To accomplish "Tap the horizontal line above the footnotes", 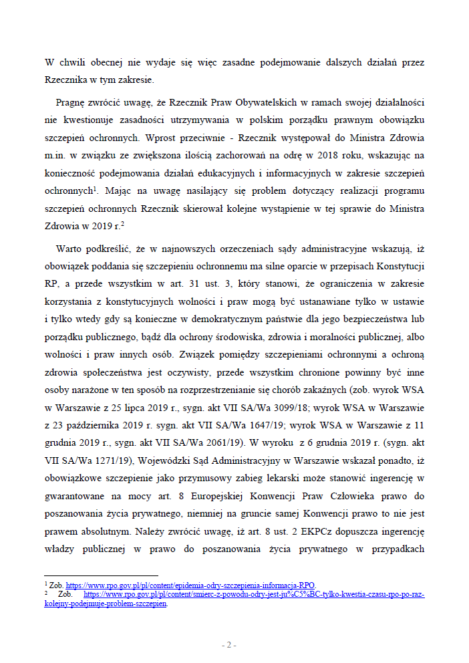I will click(101, 575).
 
